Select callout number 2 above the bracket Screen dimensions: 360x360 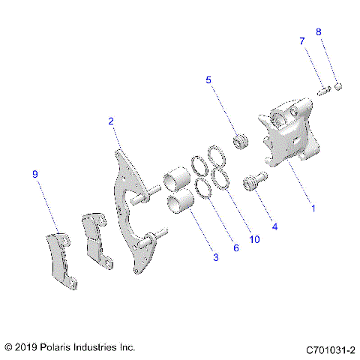point(111,121)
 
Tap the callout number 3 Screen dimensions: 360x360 point(215,257)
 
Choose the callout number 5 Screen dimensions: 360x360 point(208,79)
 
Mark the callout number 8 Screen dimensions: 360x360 point(318,32)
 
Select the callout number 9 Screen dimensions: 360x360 point(34,174)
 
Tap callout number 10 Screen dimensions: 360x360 point(254,239)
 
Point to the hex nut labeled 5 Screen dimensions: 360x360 point(241,140)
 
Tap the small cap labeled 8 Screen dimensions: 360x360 point(338,86)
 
